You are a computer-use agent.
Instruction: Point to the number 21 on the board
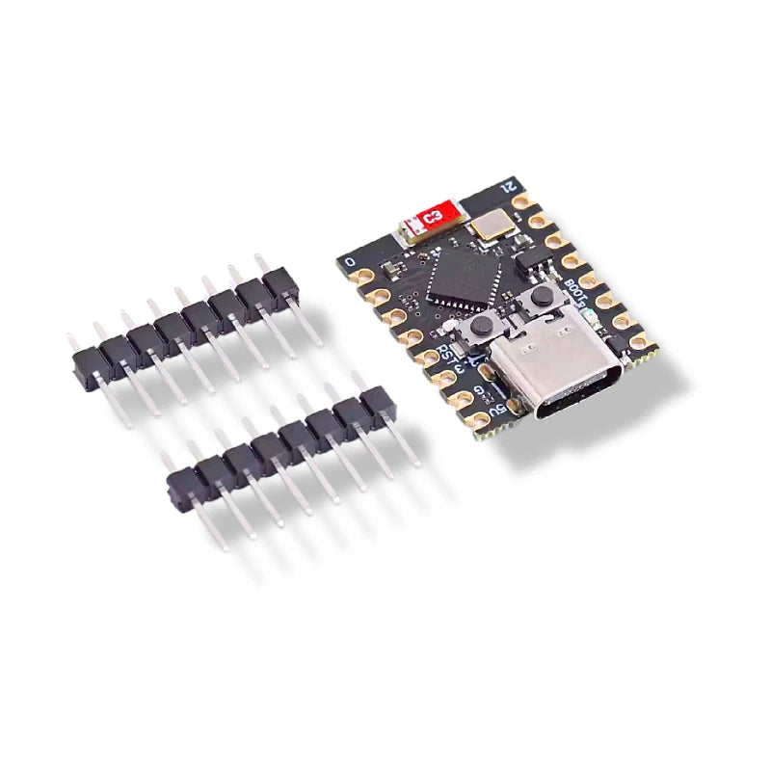pos(512,184)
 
